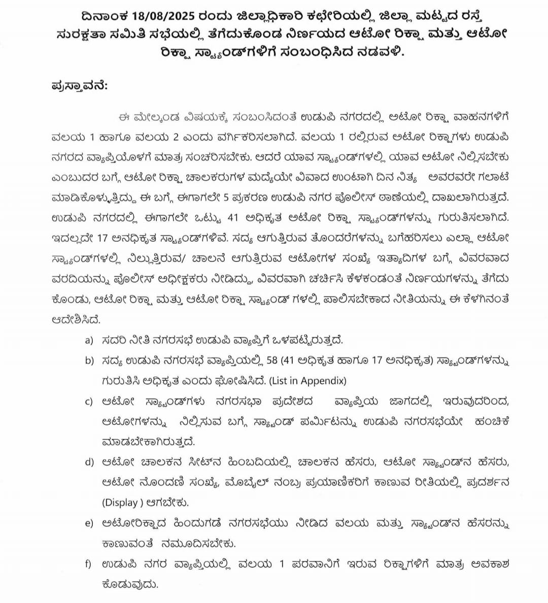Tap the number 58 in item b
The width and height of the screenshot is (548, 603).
[x=272, y=361]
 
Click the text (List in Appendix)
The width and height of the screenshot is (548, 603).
[x=307, y=381]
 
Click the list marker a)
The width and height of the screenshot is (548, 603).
[x=89, y=341]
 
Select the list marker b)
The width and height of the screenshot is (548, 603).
[x=89, y=361]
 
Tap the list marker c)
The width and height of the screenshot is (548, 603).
[x=89, y=401]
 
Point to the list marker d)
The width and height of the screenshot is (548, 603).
[x=89, y=462]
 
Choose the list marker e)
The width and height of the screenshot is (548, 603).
[x=89, y=523]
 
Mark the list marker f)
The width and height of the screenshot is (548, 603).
[x=89, y=564]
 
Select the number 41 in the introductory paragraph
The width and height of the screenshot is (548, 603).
[x=233, y=218]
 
